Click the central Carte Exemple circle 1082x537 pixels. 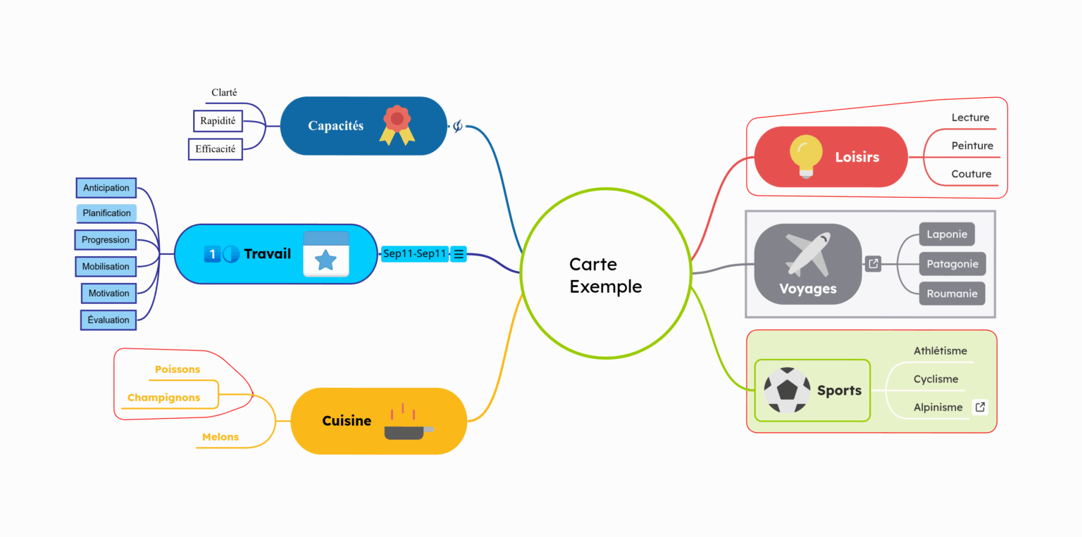click(605, 274)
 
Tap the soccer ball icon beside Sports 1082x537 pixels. click(787, 390)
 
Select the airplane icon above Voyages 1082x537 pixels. click(808, 253)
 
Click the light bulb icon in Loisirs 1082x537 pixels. click(806, 155)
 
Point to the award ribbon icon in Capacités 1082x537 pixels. click(397, 125)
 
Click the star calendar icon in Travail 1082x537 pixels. click(325, 254)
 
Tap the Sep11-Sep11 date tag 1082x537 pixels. click(414, 254)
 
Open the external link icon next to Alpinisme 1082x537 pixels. click(979, 407)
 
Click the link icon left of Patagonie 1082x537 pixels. click(873, 264)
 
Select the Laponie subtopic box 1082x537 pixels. click(947, 234)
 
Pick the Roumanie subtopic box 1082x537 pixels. click(952, 293)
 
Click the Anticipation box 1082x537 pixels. click(106, 188)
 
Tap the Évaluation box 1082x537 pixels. click(108, 320)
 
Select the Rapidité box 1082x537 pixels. click(218, 121)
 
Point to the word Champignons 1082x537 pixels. click(163, 398)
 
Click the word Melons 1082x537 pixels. click(220, 437)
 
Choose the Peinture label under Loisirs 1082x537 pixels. click(972, 146)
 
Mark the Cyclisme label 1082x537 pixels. click(935, 379)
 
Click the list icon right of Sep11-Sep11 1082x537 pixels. click(459, 254)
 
